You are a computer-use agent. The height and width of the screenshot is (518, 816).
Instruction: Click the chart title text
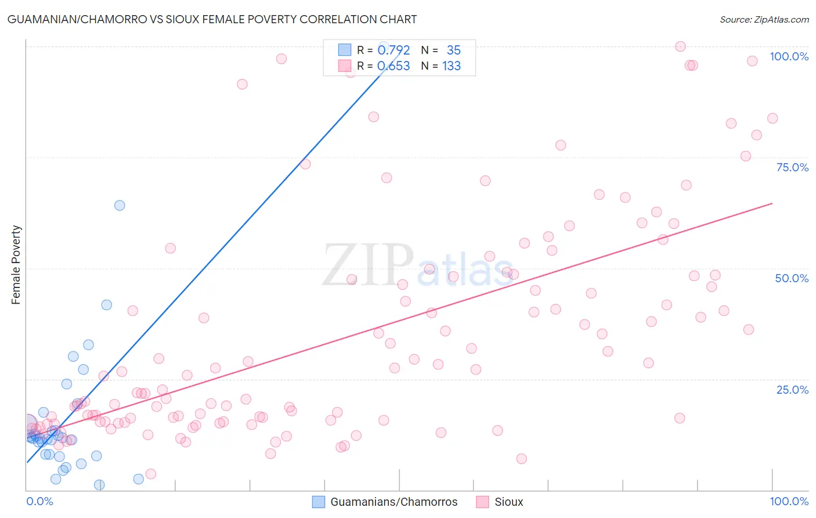pos(212,19)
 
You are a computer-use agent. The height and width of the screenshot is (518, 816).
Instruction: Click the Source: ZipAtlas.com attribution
pos(764,20)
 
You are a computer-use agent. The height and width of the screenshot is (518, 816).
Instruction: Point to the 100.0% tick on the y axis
pos(789,56)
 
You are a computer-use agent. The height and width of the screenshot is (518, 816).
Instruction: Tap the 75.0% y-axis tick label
pos(792,167)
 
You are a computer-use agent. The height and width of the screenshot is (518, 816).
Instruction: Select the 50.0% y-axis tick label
pos(792,278)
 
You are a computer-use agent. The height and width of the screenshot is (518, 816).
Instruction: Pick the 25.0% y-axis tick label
pos(792,390)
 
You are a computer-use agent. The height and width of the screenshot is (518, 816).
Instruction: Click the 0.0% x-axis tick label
pos(39,501)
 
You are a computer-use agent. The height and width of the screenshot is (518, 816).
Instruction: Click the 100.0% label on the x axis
pos(789,501)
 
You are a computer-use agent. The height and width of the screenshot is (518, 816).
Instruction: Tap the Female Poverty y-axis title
pos(16,265)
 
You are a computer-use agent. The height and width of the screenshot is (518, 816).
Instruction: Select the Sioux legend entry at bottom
pos(508,502)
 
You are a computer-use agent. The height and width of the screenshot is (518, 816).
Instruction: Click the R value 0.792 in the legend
pos(393,51)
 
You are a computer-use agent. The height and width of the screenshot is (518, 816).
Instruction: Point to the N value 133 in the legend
pos(452,66)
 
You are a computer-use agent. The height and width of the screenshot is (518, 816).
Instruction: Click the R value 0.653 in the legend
pos(393,66)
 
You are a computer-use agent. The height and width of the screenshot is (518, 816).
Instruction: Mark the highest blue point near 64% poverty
pos(120,205)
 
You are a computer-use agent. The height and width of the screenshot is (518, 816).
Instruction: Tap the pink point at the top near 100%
pos(680,46)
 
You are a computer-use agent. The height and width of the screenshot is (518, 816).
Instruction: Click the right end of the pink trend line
pos(772,203)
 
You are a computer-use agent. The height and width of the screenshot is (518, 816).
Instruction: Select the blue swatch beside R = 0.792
pos(345,50)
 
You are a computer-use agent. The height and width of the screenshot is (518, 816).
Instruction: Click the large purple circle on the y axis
pos(27,424)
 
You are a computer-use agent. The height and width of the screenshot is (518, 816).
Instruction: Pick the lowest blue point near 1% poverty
pos(99,485)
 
